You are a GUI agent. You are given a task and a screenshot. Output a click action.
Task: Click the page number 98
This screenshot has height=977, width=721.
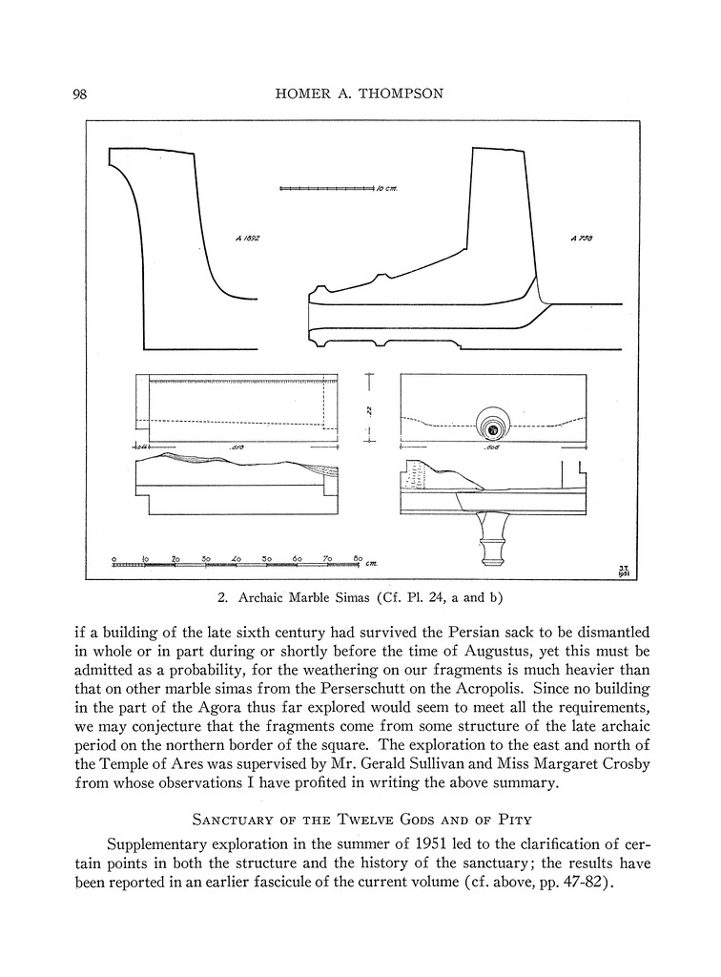pos(80,94)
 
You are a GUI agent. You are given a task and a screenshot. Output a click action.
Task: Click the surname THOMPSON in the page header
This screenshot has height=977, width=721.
pos(402,94)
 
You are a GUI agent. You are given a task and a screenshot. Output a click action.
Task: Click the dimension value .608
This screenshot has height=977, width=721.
pos(492,447)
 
